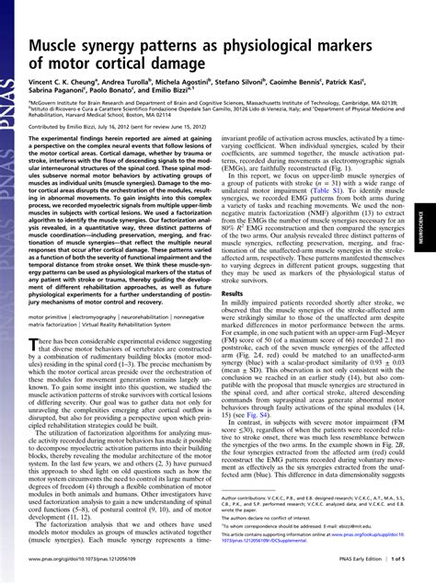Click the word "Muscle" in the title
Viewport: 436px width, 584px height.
62,46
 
